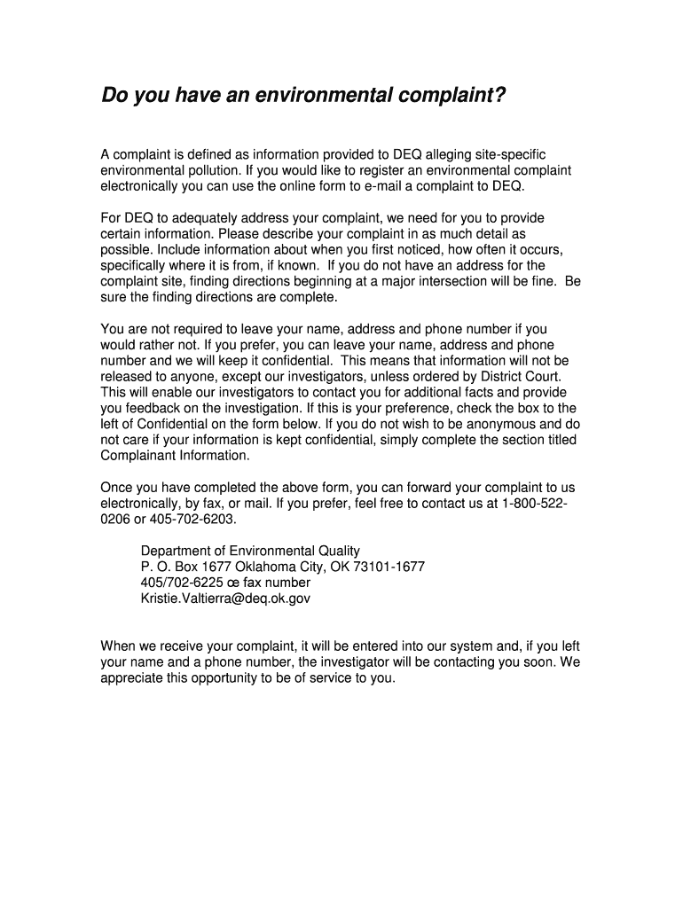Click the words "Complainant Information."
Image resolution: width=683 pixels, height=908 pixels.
click(176, 455)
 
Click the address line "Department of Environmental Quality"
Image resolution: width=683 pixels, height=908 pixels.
click(251, 551)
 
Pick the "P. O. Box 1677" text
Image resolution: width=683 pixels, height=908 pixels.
click(184, 567)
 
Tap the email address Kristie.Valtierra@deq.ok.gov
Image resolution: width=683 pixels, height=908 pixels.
click(225, 599)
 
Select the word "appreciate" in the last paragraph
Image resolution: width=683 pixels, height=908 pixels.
click(132, 678)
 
